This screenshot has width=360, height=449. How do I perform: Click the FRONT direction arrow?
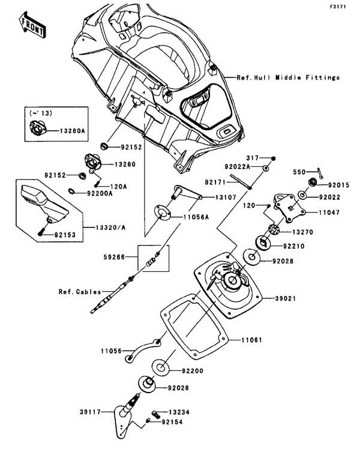[31, 23]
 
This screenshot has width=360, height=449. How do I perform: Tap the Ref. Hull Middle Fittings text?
[288, 77]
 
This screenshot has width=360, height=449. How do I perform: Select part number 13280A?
[72, 130]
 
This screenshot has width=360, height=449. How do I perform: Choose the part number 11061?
[253, 340]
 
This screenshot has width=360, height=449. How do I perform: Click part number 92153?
[70, 236]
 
